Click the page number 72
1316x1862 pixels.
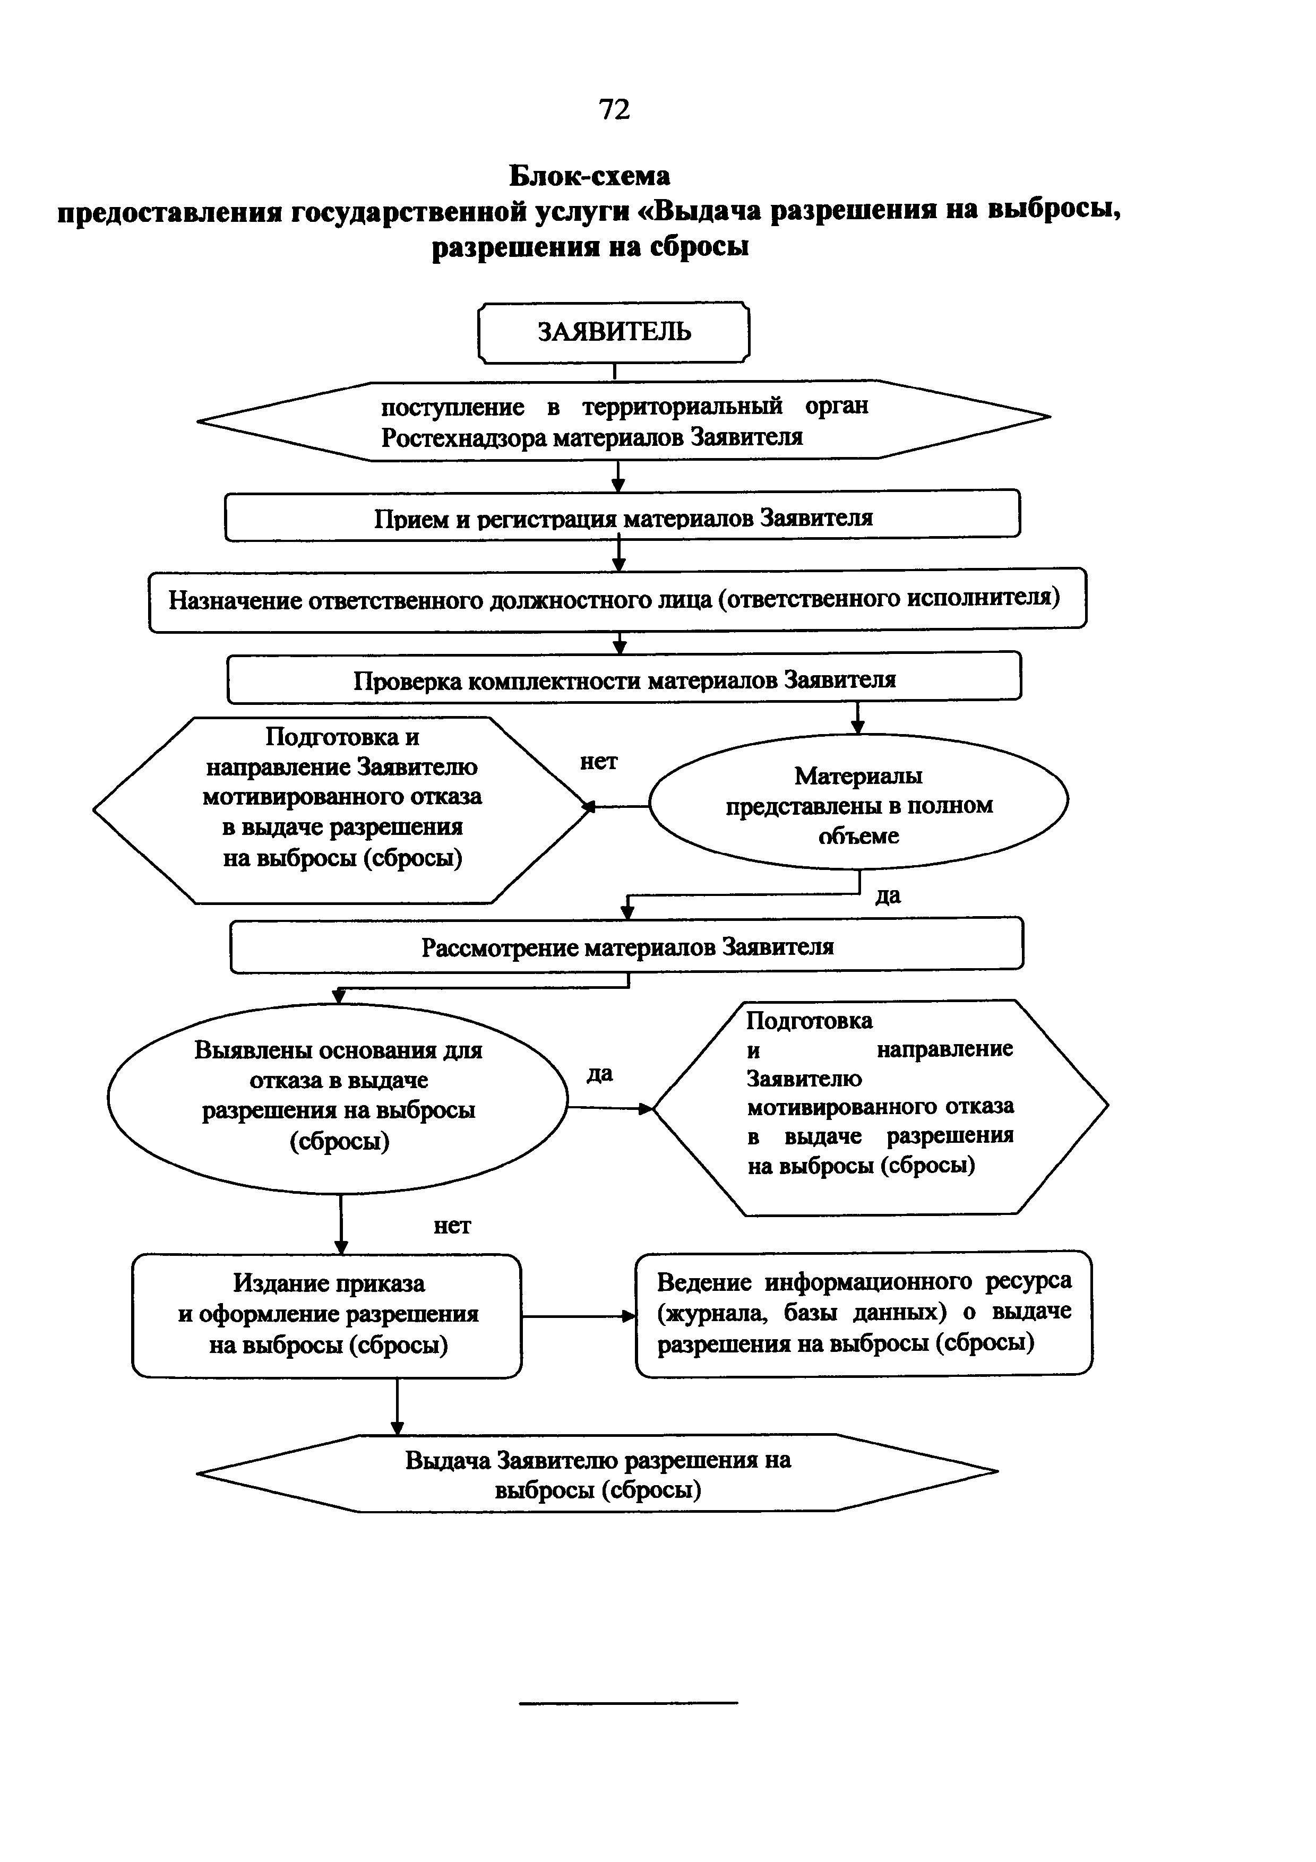614,109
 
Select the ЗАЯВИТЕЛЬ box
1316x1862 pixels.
614,332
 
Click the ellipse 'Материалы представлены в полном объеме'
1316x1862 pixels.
858,805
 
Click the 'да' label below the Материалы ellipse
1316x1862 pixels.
888,895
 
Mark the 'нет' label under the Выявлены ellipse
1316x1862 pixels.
452,1226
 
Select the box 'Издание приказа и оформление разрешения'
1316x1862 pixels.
327,1315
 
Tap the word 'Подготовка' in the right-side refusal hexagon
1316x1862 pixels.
808,1020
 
